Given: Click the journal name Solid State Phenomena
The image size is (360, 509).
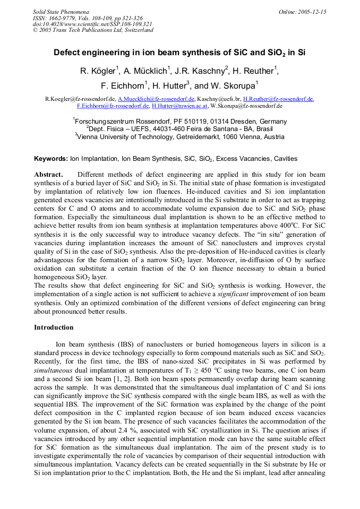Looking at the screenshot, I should coord(61,11).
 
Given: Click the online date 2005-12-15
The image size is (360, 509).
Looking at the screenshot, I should coord(307,11).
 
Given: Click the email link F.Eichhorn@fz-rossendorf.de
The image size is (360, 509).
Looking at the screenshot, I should coord(113,106).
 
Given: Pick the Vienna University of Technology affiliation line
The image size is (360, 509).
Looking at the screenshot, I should coord(179,136).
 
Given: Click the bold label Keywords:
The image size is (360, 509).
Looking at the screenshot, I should coord(51,159).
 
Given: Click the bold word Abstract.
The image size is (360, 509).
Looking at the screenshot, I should coord(48,175).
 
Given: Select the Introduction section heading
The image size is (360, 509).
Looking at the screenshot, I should coord(54,327).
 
